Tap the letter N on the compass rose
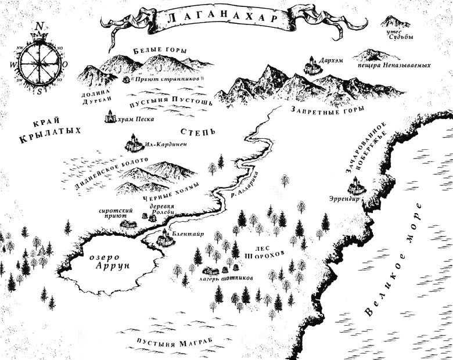click(x=39, y=26)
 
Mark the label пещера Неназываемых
click(x=394, y=66)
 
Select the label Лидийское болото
click(x=112, y=174)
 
